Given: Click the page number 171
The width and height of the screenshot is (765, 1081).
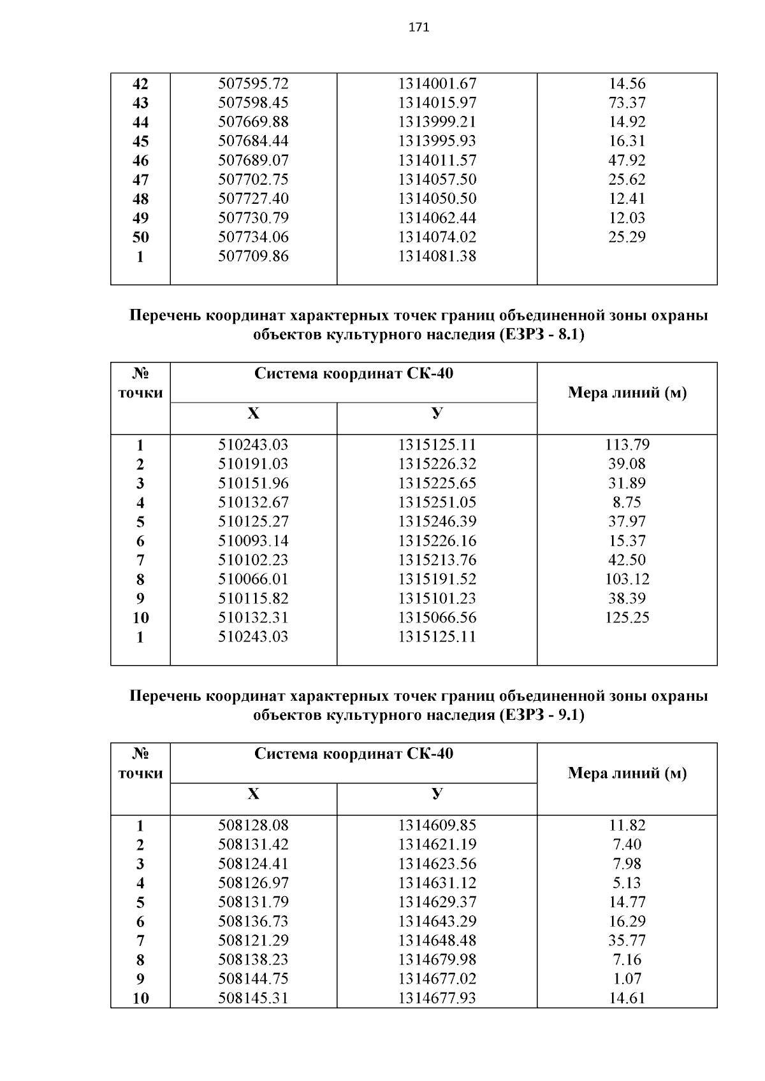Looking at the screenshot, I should pyautogui.click(x=419, y=27).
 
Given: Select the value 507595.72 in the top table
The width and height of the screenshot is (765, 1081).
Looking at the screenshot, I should pyautogui.click(x=253, y=83).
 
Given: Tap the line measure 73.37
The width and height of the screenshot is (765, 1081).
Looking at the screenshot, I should pyautogui.click(x=627, y=103).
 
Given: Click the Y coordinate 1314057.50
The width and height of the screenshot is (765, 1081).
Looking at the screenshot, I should pyautogui.click(x=437, y=180).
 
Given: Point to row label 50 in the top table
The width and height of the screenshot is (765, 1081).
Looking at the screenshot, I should pyautogui.click(x=140, y=237).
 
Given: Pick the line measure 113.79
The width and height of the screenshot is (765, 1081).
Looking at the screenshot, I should pyautogui.click(x=627, y=445).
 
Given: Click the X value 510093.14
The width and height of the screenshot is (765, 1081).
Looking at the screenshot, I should pyautogui.click(x=253, y=541).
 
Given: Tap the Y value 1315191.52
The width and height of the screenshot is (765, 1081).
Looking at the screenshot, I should pyautogui.click(x=437, y=579).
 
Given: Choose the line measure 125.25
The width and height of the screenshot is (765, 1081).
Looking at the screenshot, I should pyautogui.click(x=627, y=617).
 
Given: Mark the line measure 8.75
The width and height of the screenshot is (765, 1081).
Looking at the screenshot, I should pyautogui.click(x=627, y=502).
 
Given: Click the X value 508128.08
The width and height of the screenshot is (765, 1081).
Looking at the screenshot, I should pyautogui.click(x=253, y=826).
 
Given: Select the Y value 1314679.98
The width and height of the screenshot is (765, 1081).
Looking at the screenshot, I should pyautogui.click(x=437, y=959).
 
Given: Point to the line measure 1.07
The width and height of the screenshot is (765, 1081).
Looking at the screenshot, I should pyautogui.click(x=627, y=978).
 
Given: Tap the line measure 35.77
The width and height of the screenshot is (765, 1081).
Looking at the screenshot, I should pyautogui.click(x=627, y=940).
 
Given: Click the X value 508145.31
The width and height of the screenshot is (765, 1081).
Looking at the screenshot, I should pyautogui.click(x=253, y=998).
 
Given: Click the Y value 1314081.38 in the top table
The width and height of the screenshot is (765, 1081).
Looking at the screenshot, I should pyautogui.click(x=437, y=256).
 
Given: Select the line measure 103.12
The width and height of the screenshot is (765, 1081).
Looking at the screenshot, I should pyautogui.click(x=627, y=579).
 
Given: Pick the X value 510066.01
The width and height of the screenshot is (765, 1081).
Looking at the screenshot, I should pyautogui.click(x=253, y=579).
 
